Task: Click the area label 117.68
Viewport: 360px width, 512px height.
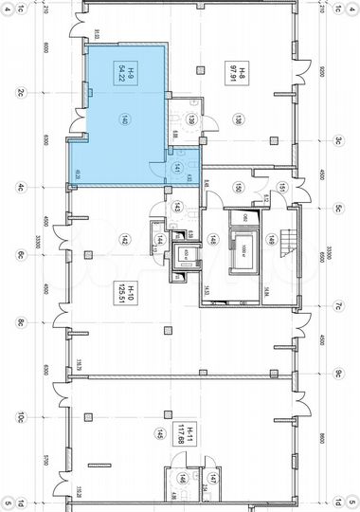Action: click(191, 440)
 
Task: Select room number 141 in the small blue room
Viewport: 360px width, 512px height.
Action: click(178, 167)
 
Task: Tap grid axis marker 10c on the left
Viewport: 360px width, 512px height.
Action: click(19, 416)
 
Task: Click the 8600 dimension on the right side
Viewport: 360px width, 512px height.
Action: click(322, 438)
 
